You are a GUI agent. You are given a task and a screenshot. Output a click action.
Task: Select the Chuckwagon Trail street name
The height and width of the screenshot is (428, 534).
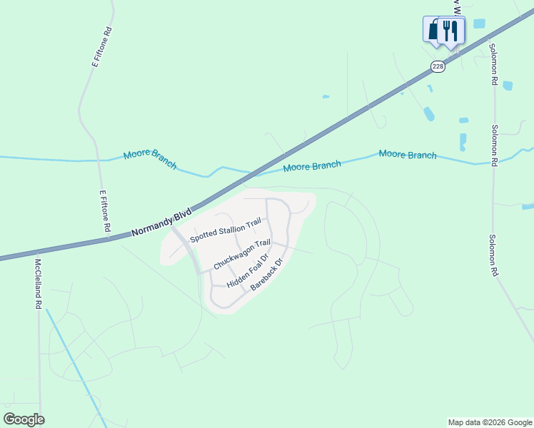point(243,254)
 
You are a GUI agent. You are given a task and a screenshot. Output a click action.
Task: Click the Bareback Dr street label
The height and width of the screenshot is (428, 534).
point(268,275)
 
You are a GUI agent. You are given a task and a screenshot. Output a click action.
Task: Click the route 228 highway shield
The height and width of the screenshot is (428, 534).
point(438,66)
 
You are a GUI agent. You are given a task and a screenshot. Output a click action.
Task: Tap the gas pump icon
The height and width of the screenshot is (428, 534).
point(433,29)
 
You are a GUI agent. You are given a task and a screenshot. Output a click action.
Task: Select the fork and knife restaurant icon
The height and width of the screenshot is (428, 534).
point(450,29)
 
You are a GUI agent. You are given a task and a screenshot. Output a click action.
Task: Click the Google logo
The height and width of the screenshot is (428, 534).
point(24,419)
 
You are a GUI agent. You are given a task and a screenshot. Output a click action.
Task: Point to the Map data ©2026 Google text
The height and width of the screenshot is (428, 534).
point(490,422)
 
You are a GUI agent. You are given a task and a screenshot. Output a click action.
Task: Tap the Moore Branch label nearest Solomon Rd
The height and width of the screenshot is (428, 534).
point(407,154)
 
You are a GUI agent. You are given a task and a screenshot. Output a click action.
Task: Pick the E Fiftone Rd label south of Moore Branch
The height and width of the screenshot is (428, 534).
point(104,210)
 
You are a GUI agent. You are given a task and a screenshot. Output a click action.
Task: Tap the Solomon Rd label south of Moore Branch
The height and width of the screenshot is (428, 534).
point(493,255)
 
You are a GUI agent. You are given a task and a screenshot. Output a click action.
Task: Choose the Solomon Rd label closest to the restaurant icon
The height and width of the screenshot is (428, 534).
point(493,64)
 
